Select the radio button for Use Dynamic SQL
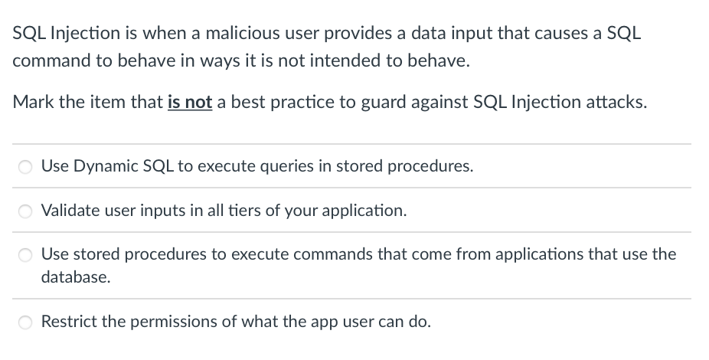coord(25,167)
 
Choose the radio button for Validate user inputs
coord(25,211)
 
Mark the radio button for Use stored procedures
coord(25,255)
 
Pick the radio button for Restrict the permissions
coord(25,322)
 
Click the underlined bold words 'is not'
coord(190,102)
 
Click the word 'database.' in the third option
coord(76,277)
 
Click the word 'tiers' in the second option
coord(244,211)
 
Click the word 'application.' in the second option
coord(364,211)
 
